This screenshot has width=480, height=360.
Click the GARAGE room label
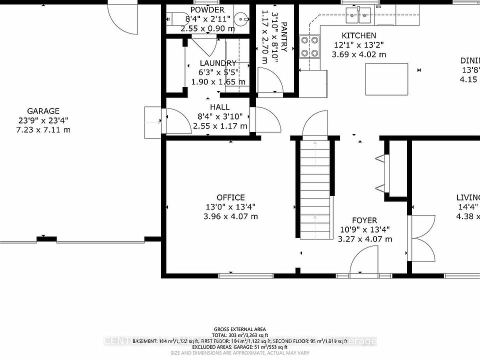tap(43, 111)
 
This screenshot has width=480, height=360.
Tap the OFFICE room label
tap(230, 197)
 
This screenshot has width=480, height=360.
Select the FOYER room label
tap(364, 220)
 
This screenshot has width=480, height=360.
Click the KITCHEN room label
tap(358, 35)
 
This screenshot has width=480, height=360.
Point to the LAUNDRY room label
tap(217, 63)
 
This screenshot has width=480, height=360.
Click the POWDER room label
tap(207, 10)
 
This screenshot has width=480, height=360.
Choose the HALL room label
tap(219, 107)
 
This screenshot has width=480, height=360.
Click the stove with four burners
tap(309, 46)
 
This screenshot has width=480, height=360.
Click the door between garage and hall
tap(175, 121)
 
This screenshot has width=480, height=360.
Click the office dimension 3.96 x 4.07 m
tap(230, 216)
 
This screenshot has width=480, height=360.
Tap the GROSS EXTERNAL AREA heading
tap(240, 329)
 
